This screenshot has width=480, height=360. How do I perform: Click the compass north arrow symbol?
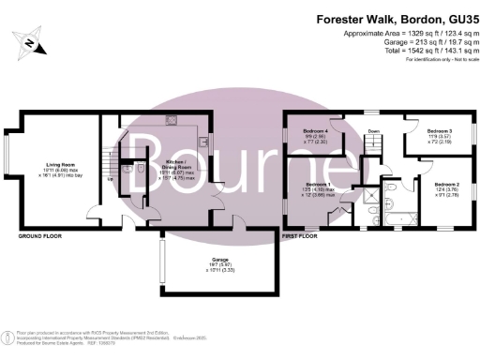pyautogui.click(x=30, y=43)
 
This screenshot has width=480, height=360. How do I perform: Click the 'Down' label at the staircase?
pyautogui.click(x=372, y=131)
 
